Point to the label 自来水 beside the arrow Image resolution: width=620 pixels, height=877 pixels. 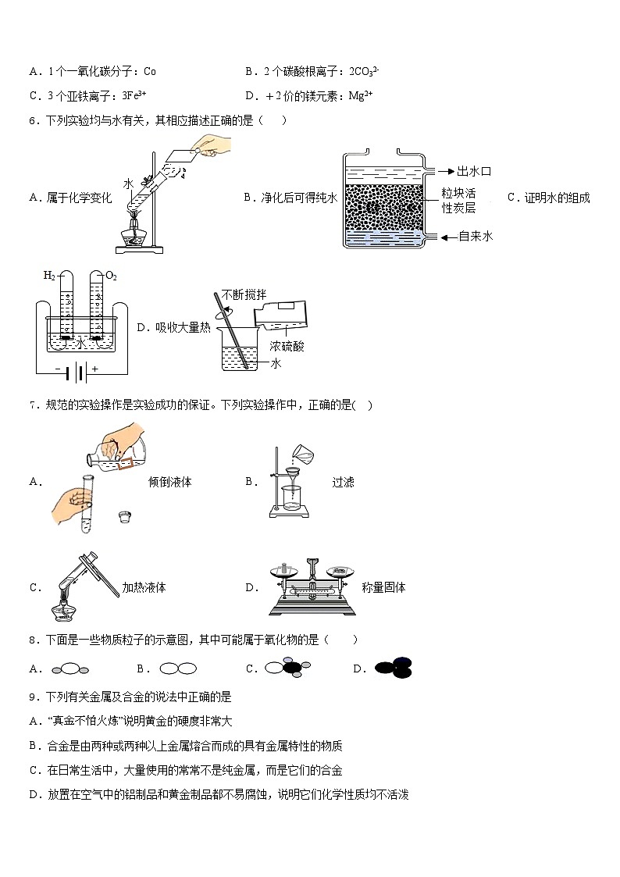(x=476, y=236)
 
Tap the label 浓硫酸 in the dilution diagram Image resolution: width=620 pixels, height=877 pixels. (x=287, y=345)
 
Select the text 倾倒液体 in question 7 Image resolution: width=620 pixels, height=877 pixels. (x=170, y=482)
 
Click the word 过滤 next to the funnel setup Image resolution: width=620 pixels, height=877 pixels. (x=343, y=482)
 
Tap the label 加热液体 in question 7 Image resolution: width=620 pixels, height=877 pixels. (x=144, y=587)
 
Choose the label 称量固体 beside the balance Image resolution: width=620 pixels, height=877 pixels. (x=383, y=587)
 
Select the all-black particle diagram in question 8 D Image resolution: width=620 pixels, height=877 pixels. (x=394, y=668)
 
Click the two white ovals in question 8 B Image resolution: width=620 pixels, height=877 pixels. (x=177, y=668)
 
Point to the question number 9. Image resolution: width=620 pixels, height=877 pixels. (x=32, y=697)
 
